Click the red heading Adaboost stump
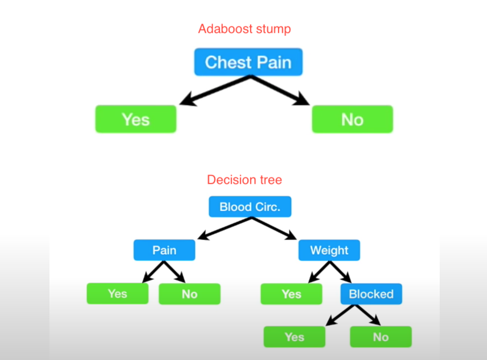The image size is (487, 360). pyautogui.click(x=245, y=29)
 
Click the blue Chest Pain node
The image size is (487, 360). pyautogui.click(x=248, y=62)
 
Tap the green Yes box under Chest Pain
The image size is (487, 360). pyautogui.click(x=135, y=119)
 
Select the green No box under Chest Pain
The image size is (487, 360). pyautogui.click(x=352, y=119)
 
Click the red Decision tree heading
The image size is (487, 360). pyautogui.click(x=245, y=179)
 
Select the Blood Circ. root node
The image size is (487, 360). pyautogui.click(x=250, y=207)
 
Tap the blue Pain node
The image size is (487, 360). pyautogui.click(x=164, y=250)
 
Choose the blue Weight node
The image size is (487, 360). pyautogui.click(x=329, y=250)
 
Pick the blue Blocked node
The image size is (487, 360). pyautogui.click(x=371, y=294)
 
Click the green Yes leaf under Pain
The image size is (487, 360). pyautogui.click(x=117, y=293)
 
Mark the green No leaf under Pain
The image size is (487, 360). pyautogui.click(x=189, y=294)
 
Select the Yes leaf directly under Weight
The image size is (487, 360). pyautogui.click(x=291, y=294)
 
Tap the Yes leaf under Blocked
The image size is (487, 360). pyautogui.click(x=294, y=337)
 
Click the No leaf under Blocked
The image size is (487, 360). pyautogui.click(x=381, y=337)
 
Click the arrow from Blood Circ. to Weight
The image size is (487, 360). pyautogui.click(x=274, y=228)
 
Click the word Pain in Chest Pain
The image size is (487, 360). pyautogui.click(x=274, y=62)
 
